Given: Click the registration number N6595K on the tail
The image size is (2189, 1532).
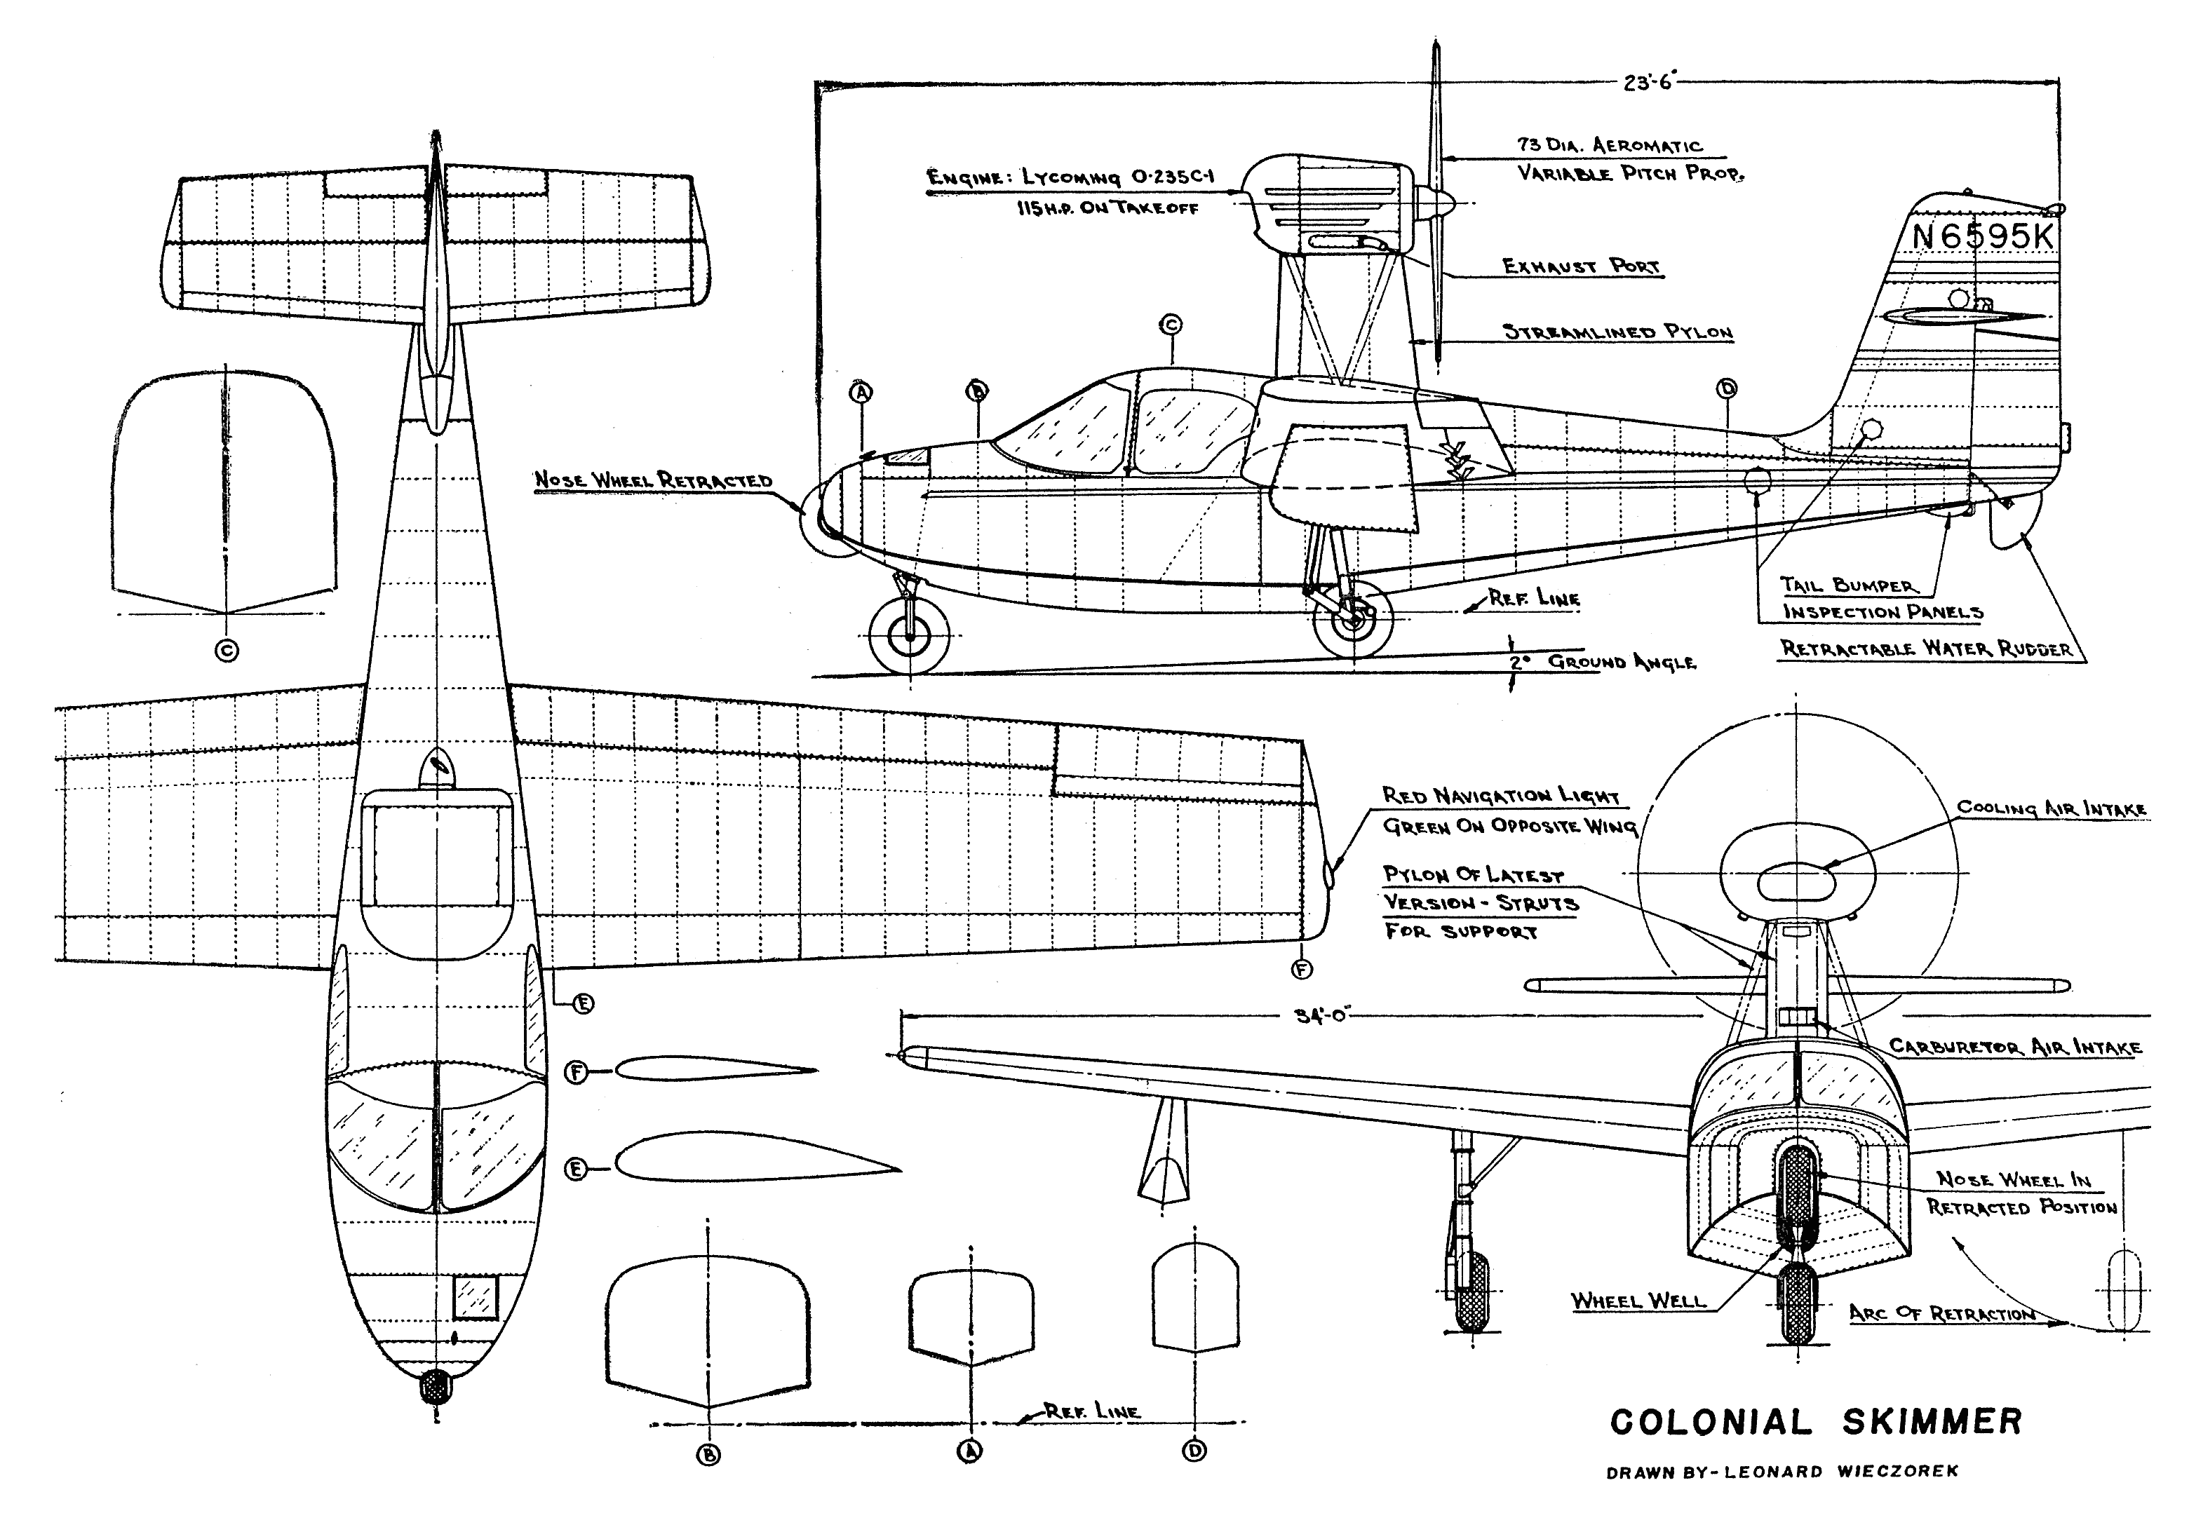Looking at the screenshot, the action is (1983, 236).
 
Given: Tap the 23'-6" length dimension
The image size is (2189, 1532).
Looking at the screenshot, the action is (1650, 82).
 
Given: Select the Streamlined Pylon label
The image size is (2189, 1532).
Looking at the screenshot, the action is (1618, 332).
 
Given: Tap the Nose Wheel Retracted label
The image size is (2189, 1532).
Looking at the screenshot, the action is (653, 480).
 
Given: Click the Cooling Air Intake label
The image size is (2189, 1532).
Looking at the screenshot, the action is (2052, 808).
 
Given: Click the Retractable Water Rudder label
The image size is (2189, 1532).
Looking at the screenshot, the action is (1927, 649).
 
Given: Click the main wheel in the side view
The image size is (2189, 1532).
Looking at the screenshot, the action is (1353, 617).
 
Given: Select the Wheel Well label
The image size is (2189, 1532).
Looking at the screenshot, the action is (1638, 1301).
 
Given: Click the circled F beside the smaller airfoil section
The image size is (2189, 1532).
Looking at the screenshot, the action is (576, 1073).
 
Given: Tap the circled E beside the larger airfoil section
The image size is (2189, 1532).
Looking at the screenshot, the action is (576, 1168).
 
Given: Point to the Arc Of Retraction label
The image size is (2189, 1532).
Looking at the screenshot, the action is (1942, 1314).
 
